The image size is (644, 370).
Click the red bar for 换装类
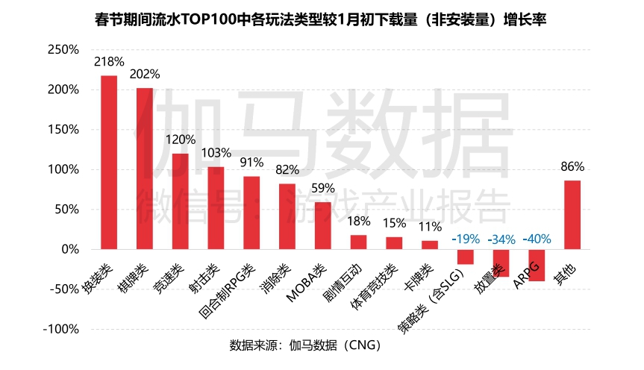pos(109,162)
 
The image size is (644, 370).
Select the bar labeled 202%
pos(145,168)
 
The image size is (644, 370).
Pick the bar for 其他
pos(572,215)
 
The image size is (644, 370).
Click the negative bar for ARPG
pos(537,265)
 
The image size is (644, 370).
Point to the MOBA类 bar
pos(323,225)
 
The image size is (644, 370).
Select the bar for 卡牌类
pos(430,245)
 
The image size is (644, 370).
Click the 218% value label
pos(109,61)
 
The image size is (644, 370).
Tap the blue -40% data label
pos(537,239)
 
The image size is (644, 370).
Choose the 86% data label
pos(572,166)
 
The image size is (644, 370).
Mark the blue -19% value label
pos(466,239)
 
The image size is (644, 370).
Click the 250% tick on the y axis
pos(63,50)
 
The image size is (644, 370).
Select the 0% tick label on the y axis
pos(69,249)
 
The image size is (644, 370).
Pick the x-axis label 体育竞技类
pos(372,287)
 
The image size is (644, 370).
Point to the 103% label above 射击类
pos(216,152)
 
